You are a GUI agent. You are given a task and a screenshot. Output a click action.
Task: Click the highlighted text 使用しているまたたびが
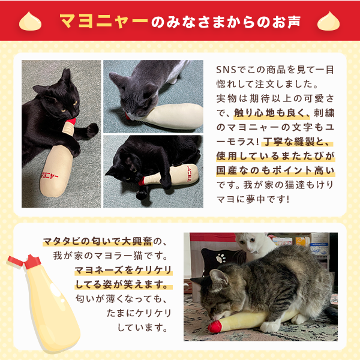(x=274, y=157)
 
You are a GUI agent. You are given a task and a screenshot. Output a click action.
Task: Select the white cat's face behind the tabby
(x=250, y=244)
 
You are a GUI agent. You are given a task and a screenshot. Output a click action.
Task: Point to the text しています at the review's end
(x=143, y=328)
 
